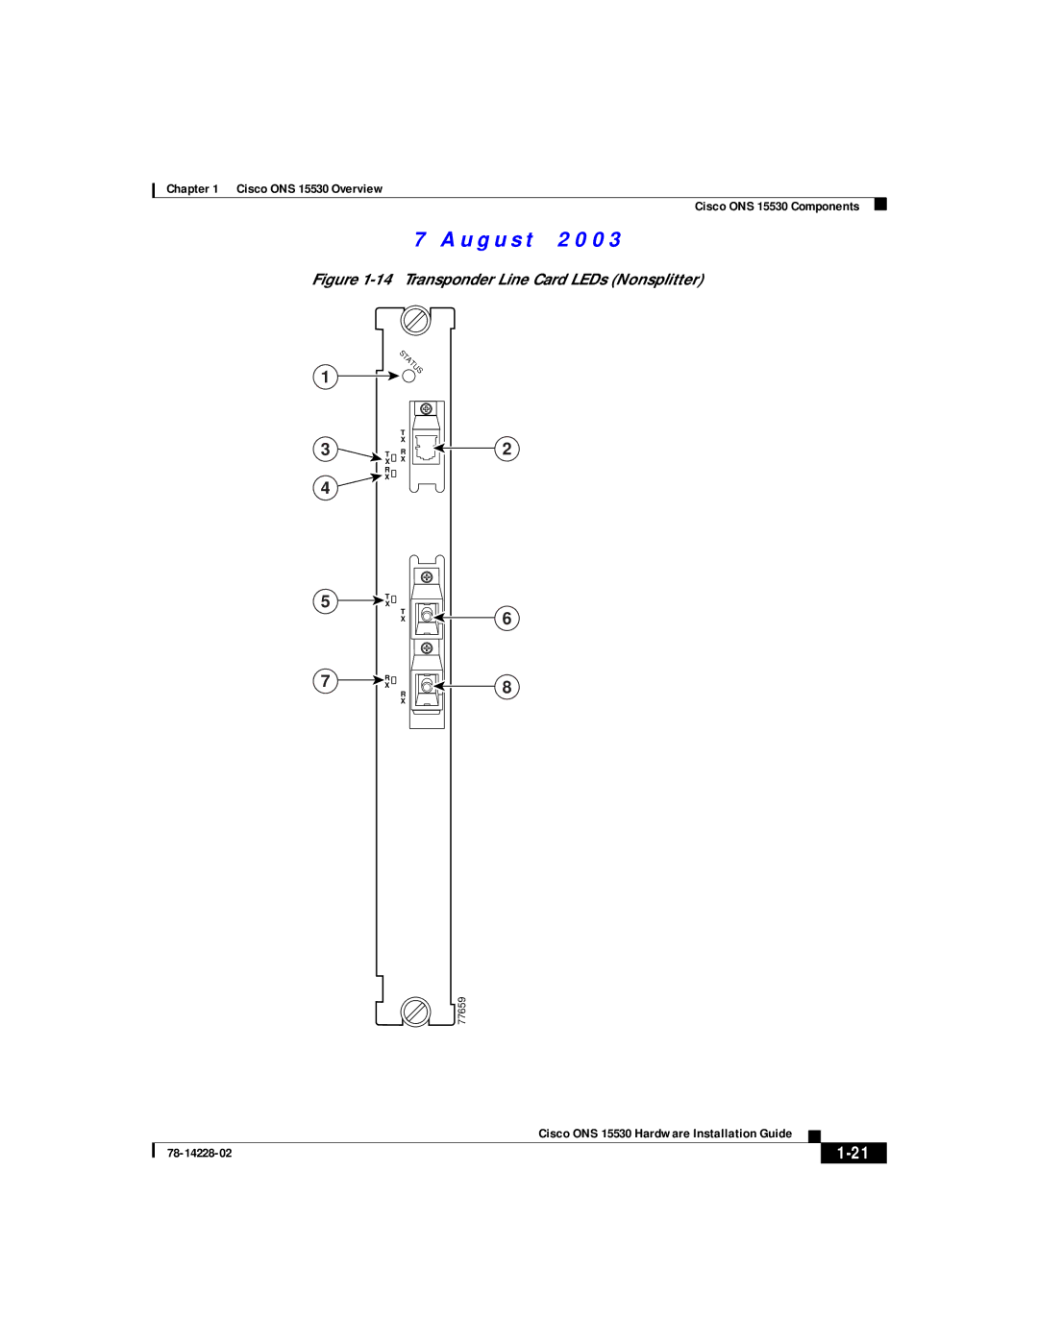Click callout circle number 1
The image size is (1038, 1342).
pyautogui.click(x=326, y=377)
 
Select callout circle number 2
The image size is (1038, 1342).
pyautogui.click(x=507, y=449)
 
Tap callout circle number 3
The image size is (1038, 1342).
pyautogui.click(x=326, y=449)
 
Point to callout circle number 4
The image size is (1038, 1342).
pyautogui.click(x=326, y=488)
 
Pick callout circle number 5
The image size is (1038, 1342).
pyautogui.click(x=326, y=601)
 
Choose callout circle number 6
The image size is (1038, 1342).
pyautogui.click(x=507, y=619)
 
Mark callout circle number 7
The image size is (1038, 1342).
pyautogui.click(x=326, y=681)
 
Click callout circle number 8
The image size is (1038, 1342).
pyautogui.click(x=507, y=687)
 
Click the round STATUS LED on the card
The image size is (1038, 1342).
pyautogui.click(x=409, y=376)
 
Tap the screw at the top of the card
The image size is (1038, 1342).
pyautogui.click(x=416, y=321)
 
